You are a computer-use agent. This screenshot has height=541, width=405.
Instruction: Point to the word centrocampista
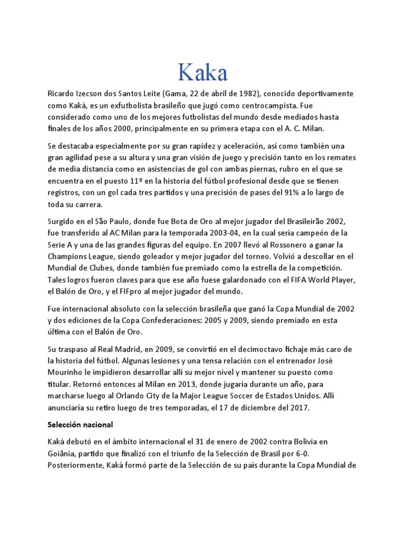click(286, 105)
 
